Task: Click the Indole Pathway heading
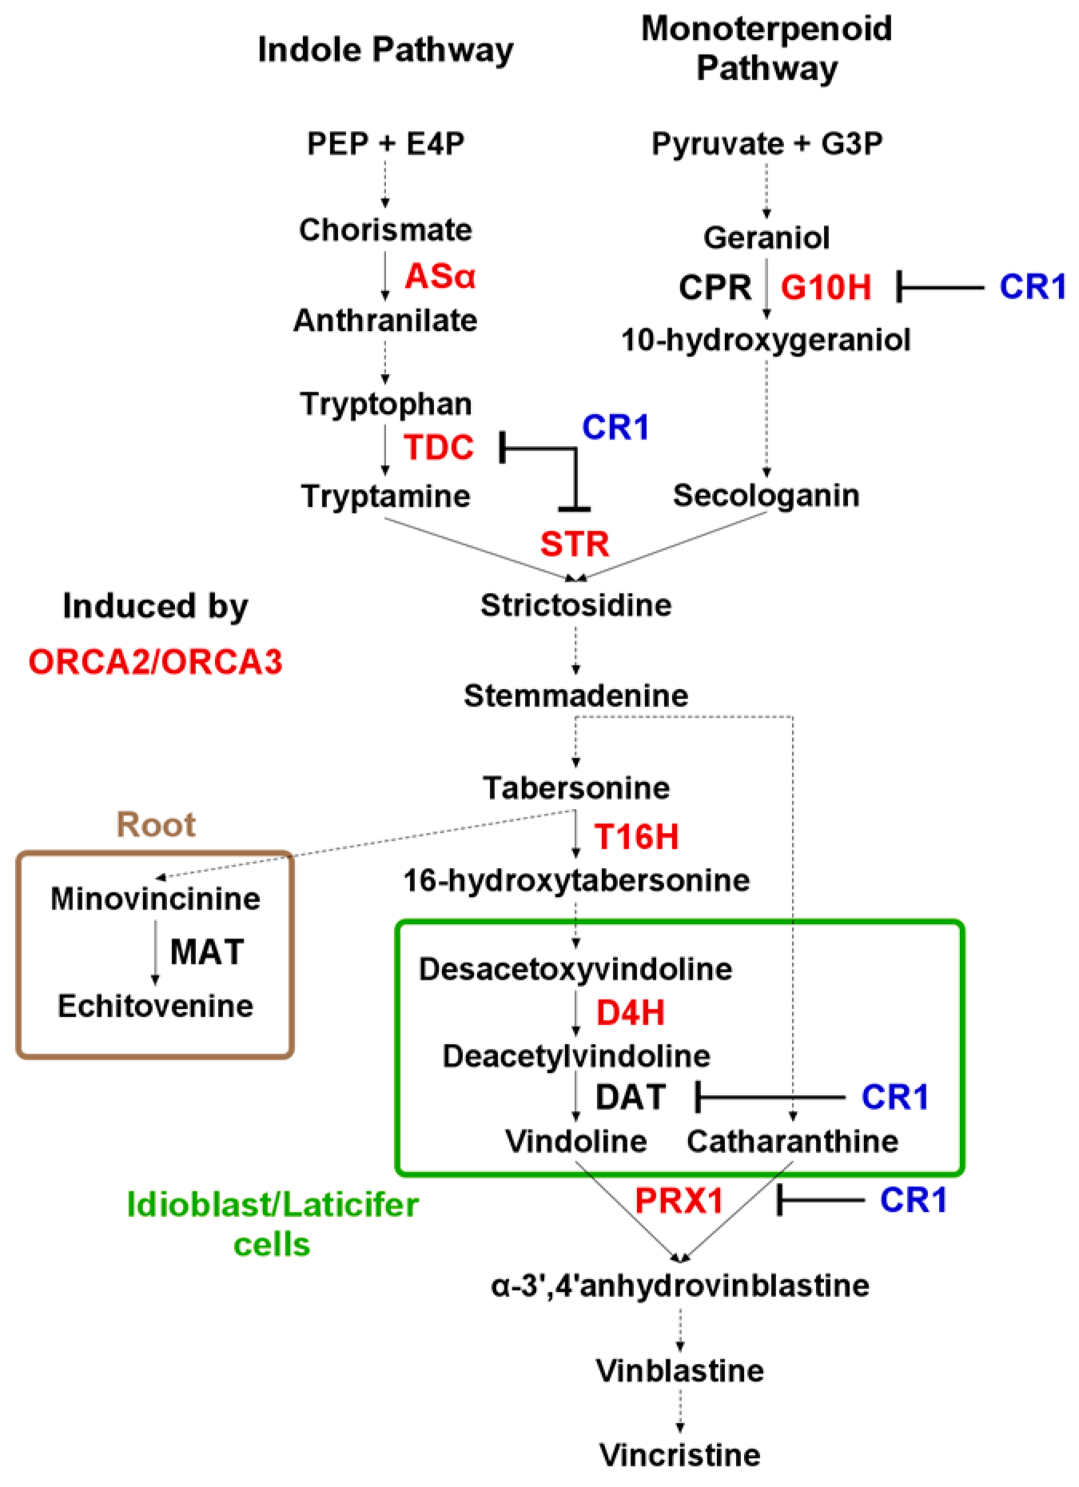(x=385, y=50)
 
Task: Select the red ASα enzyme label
(x=440, y=277)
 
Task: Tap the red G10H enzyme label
(x=826, y=287)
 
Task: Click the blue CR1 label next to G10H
(x=1033, y=287)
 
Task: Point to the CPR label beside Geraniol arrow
(x=715, y=287)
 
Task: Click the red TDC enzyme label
(x=439, y=448)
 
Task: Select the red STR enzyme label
(x=575, y=544)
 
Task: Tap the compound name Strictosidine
(x=575, y=605)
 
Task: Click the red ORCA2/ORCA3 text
(x=156, y=662)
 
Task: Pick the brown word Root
(x=156, y=824)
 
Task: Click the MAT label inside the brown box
(x=207, y=952)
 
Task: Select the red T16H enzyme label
(x=636, y=837)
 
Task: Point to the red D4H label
(x=631, y=1013)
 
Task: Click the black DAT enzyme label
(x=631, y=1097)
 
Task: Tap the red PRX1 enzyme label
(x=679, y=1200)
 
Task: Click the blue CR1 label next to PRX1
(x=914, y=1200)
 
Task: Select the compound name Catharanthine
(x=792, y=1141)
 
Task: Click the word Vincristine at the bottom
(x=680, y=1454)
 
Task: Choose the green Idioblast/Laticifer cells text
(x=273, y=1224)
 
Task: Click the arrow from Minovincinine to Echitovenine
(x=155, y=951)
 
